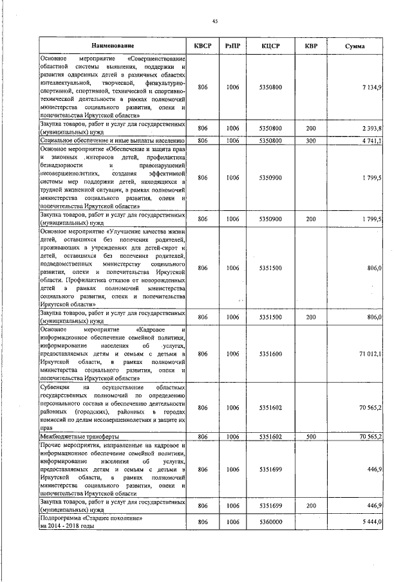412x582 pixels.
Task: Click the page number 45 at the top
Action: pyautogui.click(x=214, y=21)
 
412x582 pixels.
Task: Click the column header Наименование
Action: pyautogui.click(x=113, y=46)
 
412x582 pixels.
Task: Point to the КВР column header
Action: pyautogui.click(x=311, y=46)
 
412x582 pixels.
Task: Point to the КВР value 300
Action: pyautogui.click(x=311, y=140)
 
